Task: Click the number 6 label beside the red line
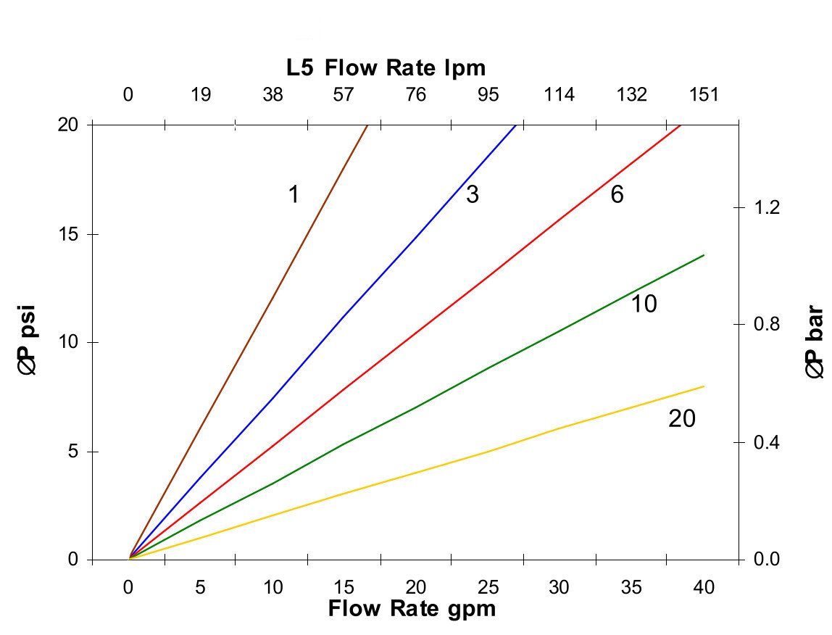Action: coord(617,194)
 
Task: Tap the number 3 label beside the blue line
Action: coord(473,194)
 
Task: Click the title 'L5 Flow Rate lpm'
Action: coord(386,67)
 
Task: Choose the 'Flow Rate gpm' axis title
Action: coord(412,607)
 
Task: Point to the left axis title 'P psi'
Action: coord(29,343)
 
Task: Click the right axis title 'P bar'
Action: coord(815,343)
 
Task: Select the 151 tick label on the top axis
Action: coord(703,95)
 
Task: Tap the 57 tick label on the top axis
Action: coord(344,95)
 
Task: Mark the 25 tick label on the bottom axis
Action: coord(488,587)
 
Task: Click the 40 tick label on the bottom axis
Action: coord(703,587)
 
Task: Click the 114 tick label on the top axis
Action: coord(559,95)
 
